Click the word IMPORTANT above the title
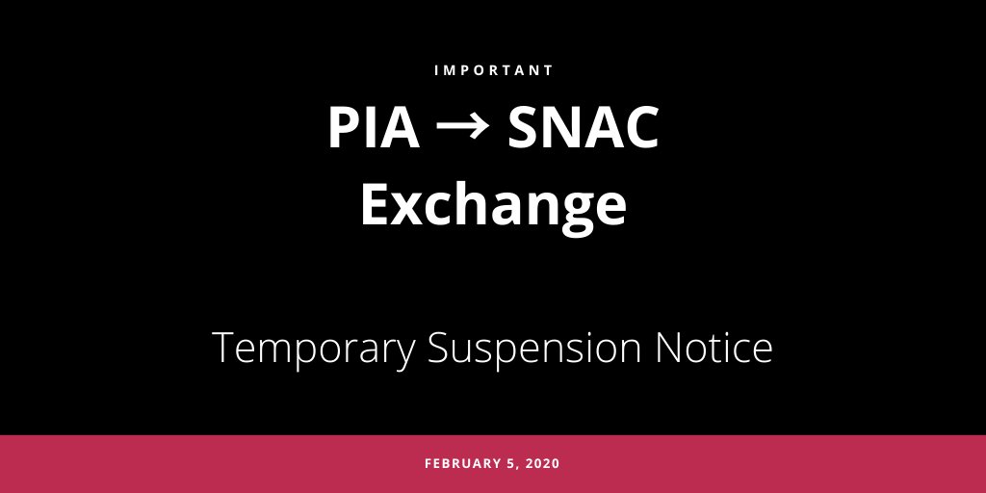point(493,70)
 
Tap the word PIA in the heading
point(374,128)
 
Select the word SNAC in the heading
point(584,128)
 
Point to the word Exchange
point(493,205)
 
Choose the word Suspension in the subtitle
point(536,347)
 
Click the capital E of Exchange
point(376,203)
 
